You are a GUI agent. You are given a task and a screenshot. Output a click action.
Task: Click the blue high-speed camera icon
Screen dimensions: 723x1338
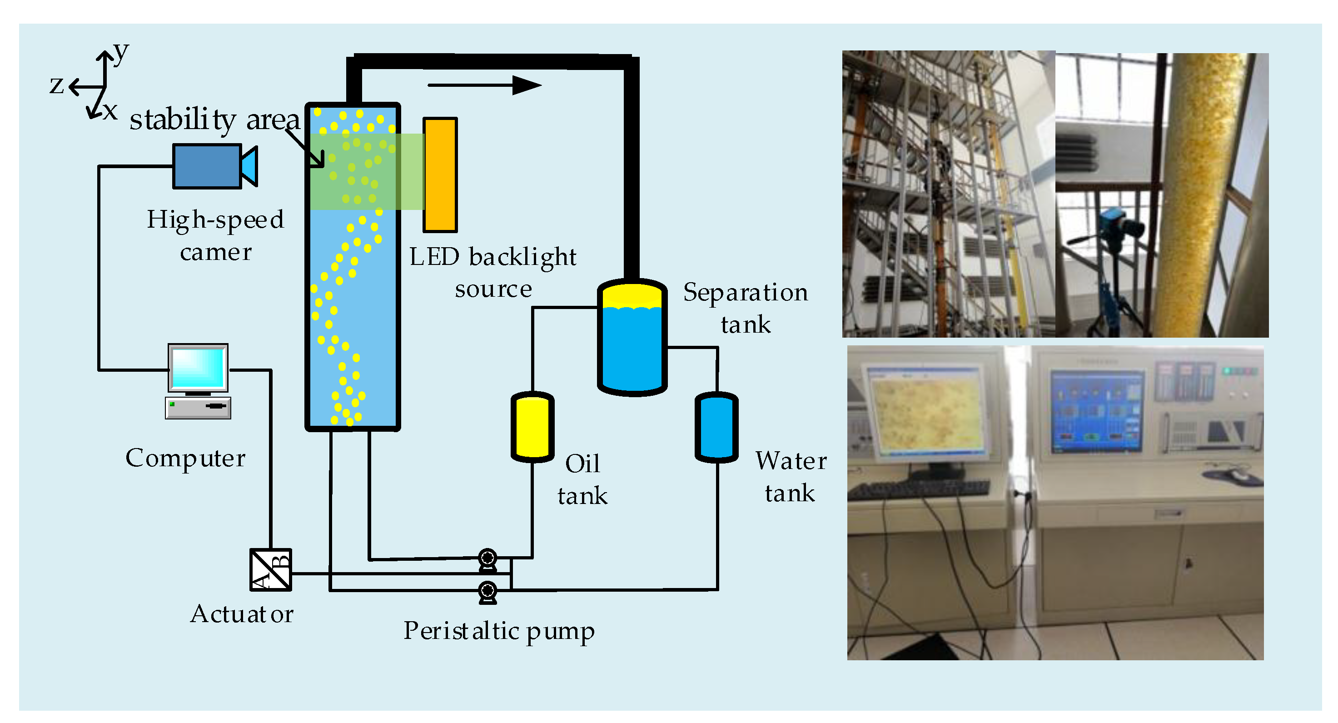pyautogui.click(x=208, y=166)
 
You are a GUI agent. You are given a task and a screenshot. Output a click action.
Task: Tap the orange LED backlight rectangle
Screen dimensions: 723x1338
pyautogui.click(x=440, y=175)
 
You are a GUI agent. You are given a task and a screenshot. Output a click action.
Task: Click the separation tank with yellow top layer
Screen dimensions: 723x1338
pyautogui.click(x=632, y=338)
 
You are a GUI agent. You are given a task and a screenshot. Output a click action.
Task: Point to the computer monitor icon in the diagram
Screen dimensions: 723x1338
pyautogui.click(x=198, y=368)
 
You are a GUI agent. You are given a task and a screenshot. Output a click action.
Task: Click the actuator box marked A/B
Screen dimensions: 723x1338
pyautogui.click(x=271, y=570)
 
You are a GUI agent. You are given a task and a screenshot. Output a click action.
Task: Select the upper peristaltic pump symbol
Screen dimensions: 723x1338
pyautogui.click(x=488, y=559)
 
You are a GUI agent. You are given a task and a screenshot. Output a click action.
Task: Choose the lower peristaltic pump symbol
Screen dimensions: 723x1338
pyautogui.click(x=488, y=591)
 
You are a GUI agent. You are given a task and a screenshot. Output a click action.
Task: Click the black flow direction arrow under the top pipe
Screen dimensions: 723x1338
pyautogui.click(x=484, y=85)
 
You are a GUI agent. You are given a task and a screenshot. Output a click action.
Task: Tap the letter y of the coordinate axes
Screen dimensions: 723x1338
pyautogui.click(x=120, y=52)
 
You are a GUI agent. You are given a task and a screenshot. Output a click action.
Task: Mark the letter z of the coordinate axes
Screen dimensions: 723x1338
pyautogui.click(x=57, y=85)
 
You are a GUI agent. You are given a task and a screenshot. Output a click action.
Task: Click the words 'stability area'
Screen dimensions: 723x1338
pyautogui.click(x=214, y=120)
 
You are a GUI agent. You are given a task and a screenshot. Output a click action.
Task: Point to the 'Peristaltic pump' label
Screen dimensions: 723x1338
pyautogui.click(x=499, y=631)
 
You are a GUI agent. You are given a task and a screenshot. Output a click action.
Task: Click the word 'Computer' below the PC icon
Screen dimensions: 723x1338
pyautogui.click(x=185, y=458)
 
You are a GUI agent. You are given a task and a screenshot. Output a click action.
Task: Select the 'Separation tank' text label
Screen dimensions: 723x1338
pyautogui.click(x=746, y=308)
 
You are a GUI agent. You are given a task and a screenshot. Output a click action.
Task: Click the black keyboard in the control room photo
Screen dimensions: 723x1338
pyautogui.click(x=920, y=489)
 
